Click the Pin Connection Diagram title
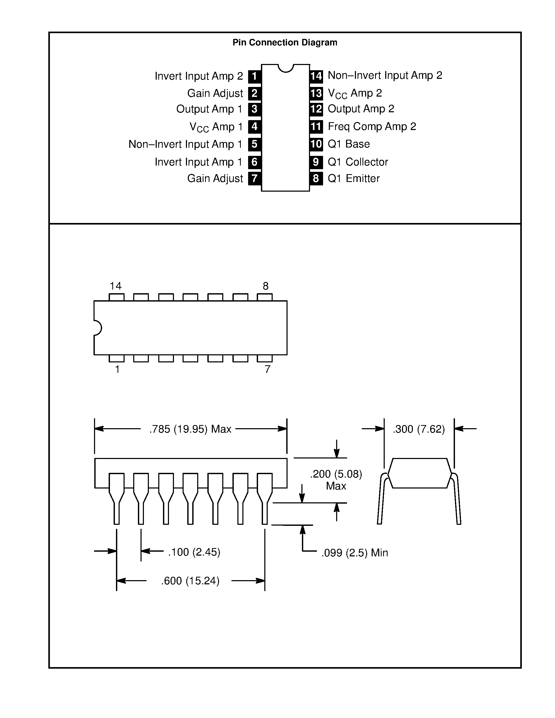tap(285, 42)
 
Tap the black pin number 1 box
tap(254, 76)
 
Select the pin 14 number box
tap(316, 76)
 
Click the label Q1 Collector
tap(358, 162)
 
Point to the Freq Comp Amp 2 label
tap(372, 126)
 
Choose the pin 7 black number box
tap(254, 179)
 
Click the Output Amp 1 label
tap(209, 109)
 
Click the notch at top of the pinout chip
tap(285, 68)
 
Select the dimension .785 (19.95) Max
tap(190, 429)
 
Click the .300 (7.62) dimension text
tap(419, 429)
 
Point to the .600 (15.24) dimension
tap(190, 581)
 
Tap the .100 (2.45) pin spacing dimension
tap(194, 552)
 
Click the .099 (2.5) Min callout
tap(354, 553)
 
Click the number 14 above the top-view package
tap(115, 286)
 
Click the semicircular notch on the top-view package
tap(98, 328)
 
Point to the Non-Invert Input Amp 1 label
tap(185, 144)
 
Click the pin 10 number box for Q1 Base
tap(316, 144)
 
